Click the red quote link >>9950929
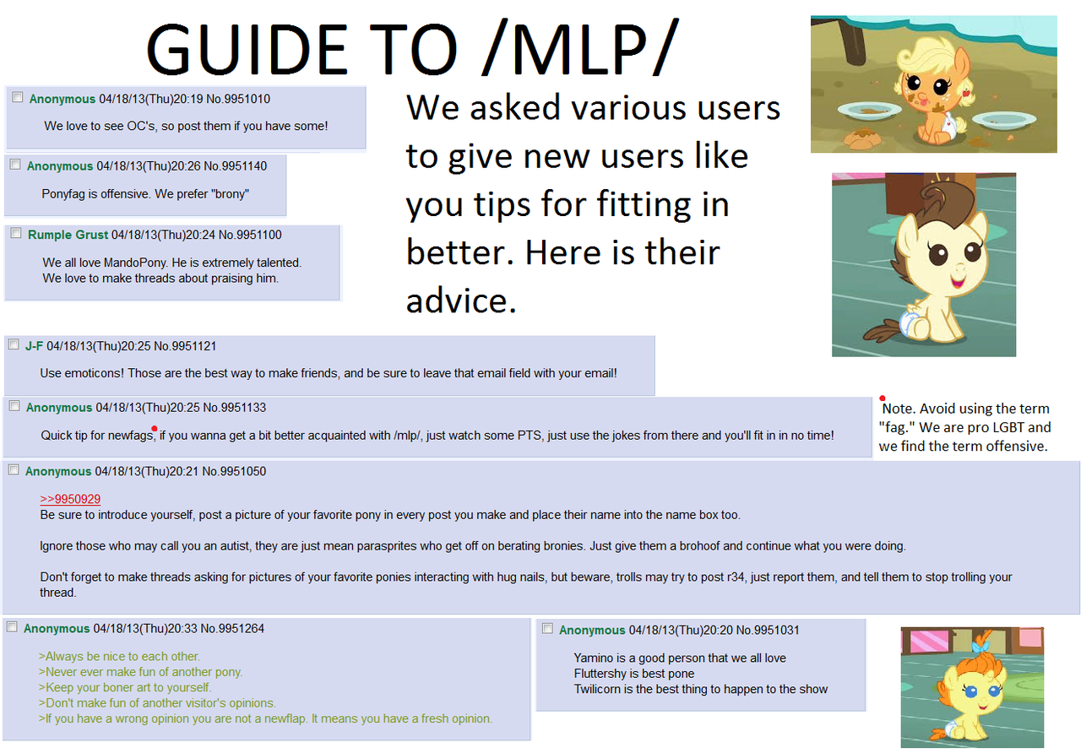(x=70, y=499)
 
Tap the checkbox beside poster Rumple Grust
(x=16, y=234)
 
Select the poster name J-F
(x=35, y=345)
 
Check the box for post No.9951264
(x=12, y=627)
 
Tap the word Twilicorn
(x=601, y=689)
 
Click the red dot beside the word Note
(x=883, y=398)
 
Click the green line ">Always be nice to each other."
(x=119, y=656)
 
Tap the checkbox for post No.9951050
(x=14, y=469)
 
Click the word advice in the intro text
(x=461, y=301)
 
